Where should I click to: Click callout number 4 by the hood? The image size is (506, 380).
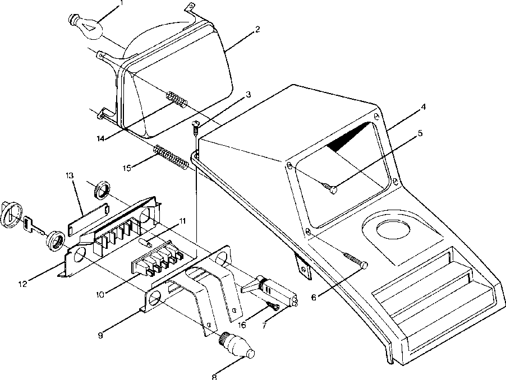point(422,106)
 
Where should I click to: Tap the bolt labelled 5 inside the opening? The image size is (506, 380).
point(331,189)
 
